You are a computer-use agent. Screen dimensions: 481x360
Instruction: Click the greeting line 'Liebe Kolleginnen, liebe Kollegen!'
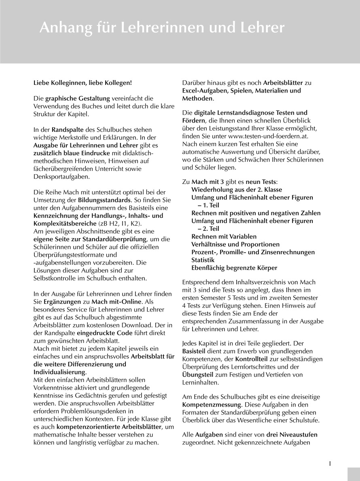[x=83, y=83]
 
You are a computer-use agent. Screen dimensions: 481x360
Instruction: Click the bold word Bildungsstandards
[x=104, y=200]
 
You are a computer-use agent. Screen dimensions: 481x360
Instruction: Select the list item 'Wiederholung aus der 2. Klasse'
[x=237, y=190]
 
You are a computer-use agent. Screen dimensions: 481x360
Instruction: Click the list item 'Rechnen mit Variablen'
[x=224, y=236]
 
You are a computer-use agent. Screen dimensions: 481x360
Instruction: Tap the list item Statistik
[x=203, y=260]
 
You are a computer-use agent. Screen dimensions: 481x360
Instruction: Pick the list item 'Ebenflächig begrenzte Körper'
[x=234, y=268]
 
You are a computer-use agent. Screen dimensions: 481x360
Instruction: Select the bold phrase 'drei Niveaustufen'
[x=292, y=435]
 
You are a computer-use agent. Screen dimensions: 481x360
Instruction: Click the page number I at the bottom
[x=330, y=464]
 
